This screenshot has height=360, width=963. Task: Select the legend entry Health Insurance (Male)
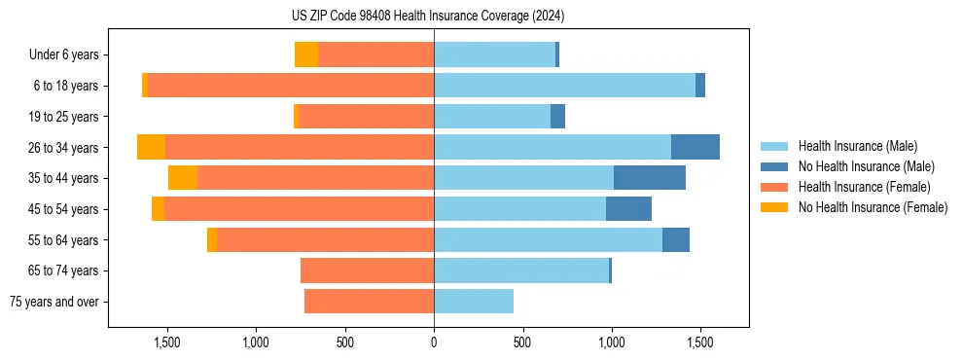(x=857, y=146)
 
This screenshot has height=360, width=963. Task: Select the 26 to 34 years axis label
(x=65, y=148)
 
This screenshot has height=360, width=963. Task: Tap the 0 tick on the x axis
(x=434, y=342)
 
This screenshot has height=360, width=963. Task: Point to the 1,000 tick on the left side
(x=256, y=342)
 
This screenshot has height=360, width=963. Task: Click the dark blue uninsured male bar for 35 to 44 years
(x=649, y=178)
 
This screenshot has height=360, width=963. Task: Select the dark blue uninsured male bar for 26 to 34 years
(x=695, y=147)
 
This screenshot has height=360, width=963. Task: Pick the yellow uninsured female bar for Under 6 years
(x=306, y=55)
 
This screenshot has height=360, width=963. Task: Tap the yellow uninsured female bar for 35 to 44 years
(x=183, y=178)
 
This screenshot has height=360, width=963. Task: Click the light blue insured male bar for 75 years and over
(x=474, y=302)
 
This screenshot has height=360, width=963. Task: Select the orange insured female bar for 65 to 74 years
(x=367, y=270)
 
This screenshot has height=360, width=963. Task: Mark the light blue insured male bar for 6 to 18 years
(x=564, y=86)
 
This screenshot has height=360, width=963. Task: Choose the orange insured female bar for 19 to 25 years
(x=367, y=117)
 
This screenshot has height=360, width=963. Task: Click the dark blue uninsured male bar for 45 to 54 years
(x=628, y=209)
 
